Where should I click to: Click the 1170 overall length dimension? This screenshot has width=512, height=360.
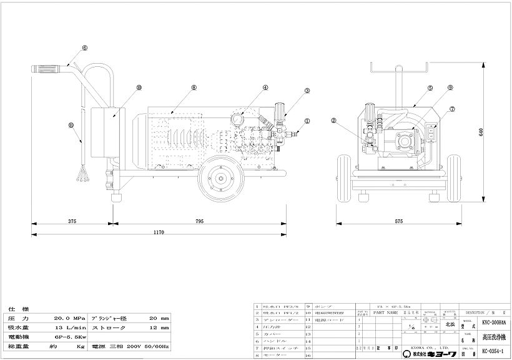pyautogui.click(x=159, y=232)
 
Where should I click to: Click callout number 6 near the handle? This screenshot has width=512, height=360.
pyautogui.click(x=84, y=47)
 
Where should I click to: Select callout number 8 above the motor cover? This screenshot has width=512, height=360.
pyautogui.click(x=194, y=88)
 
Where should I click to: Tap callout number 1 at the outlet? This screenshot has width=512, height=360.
pyautogui.click(x=307, y=121)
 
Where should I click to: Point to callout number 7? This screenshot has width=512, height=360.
pyautogui.click(x=453, y=108)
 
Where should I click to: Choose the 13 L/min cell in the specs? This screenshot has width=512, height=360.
pyautogui.click(x=69, y=327)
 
